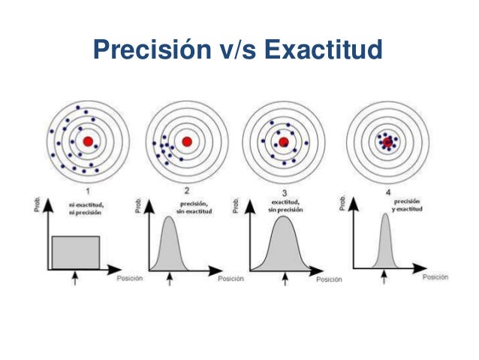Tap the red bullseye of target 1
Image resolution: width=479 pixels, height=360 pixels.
[x=88, y=141]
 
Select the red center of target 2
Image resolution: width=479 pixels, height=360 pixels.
[x=187, y=141]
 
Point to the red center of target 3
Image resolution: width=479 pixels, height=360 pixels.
[x=284, y=141]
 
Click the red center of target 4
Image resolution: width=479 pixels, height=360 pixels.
[x=387, y=141]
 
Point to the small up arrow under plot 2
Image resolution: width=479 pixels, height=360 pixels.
[x=171, y=279]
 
